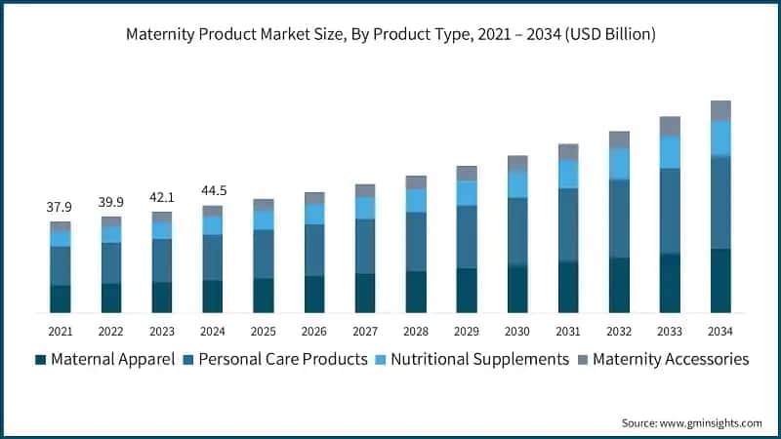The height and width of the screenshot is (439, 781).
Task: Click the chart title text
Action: (x=390, y=34)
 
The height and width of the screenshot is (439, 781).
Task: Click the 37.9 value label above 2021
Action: (x=61, y=207)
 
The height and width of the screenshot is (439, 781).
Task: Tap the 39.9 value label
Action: (x=111, y=202)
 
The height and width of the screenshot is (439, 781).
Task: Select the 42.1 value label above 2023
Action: (x=162, y=196)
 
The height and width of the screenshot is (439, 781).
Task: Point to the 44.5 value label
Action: (x=213, y=190)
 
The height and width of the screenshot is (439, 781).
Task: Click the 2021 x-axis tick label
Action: (x=61, y=332)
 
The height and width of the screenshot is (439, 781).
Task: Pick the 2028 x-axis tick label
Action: (x=416, y=332)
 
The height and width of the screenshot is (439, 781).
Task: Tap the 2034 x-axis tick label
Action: (x=720, y=332)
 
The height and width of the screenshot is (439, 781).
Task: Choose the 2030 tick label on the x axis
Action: (x=517, y=332)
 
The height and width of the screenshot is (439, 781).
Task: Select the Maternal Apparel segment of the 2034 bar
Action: (x=720, y=280)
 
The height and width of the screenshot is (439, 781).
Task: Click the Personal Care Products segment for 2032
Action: (x=619, y=219)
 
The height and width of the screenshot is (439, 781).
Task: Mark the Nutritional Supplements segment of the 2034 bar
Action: (x=720, y=139)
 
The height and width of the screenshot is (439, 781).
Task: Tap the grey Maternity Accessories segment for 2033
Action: (x=670, y=126)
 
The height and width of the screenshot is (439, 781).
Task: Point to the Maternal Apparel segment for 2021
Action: (x=61, y=299)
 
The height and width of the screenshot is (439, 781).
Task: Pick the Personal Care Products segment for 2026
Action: (x=314, y=250)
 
